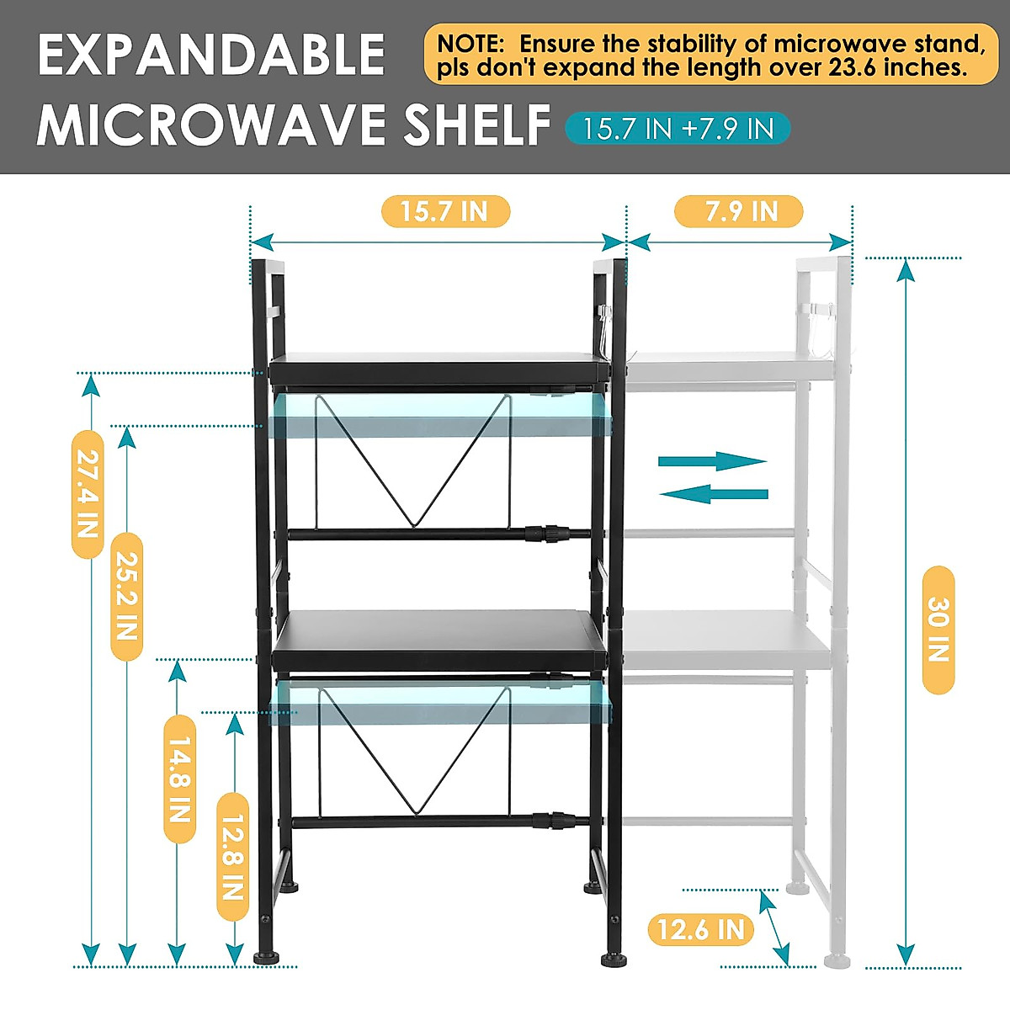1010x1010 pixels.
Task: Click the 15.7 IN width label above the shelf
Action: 445,211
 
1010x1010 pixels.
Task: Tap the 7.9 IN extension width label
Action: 739,211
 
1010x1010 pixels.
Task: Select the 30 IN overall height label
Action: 938,630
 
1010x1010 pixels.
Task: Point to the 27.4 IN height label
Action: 88,494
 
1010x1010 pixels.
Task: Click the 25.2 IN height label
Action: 126,596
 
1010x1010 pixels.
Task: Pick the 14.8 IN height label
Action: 179,779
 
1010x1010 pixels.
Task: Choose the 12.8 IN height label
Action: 232,857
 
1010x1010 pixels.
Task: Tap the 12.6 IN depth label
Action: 700,929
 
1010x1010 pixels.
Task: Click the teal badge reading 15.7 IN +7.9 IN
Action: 678,129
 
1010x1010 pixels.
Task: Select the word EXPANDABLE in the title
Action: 211,56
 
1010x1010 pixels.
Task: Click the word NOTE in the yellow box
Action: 470,44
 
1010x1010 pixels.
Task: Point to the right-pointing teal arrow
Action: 712,460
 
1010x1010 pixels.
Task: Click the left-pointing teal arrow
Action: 714,494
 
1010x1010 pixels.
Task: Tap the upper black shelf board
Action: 438,369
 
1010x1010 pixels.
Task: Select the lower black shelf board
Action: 439,640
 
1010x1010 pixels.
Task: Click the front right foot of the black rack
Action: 612,959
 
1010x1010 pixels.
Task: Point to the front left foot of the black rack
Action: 268,957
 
